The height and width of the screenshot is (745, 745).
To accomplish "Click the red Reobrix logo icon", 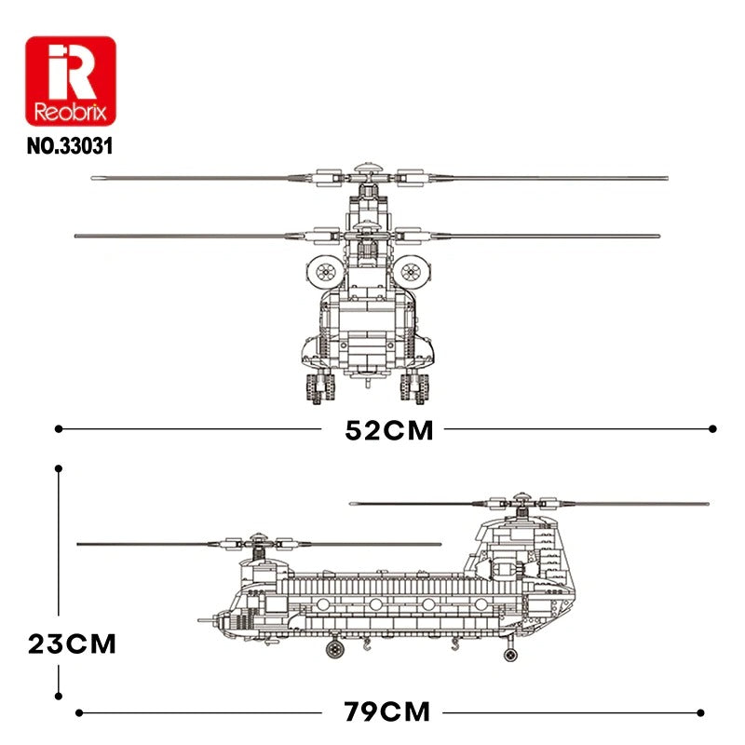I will [70, 82].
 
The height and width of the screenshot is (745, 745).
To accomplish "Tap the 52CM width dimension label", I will [389, 430].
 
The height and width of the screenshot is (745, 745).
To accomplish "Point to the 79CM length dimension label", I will [387, 712].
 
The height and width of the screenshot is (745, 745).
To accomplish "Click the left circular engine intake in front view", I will [326, 271].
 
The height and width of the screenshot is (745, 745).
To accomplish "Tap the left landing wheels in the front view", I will [318, 386].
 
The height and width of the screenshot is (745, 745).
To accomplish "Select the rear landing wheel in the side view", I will [509, 655].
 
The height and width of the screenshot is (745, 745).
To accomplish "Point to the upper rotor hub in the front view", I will [367, 174].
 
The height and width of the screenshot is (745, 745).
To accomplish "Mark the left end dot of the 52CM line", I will [59, 429].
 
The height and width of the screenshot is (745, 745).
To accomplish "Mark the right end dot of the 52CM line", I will [713, 429].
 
